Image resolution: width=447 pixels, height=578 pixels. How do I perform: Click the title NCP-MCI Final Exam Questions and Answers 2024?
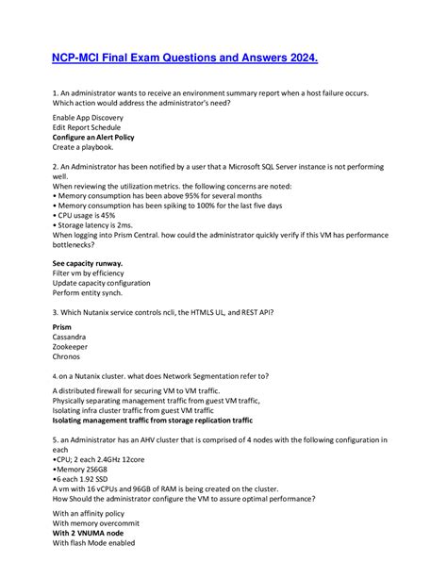pyautogui.click(x=184, y=58)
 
